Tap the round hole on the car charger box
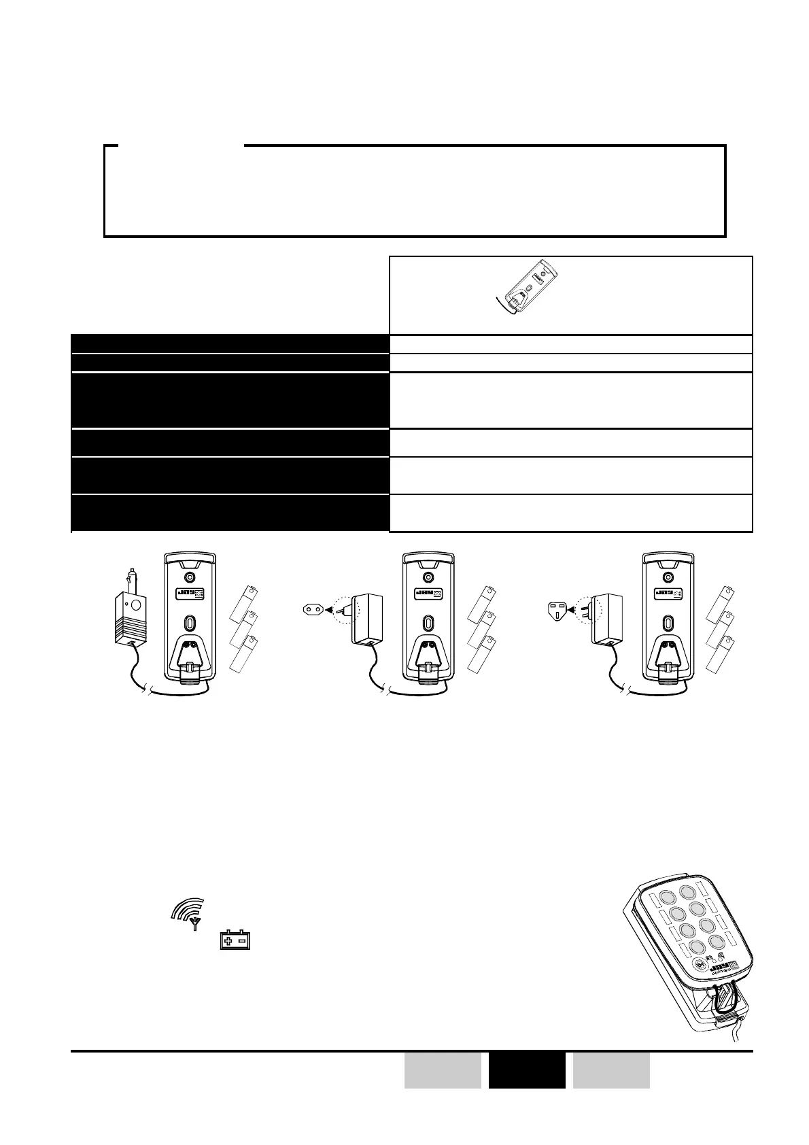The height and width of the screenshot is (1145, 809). (x=135, y=604)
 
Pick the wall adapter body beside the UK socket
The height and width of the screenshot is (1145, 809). (x=607, y=619)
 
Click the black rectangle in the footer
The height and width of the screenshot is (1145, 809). (x=527, y=1070)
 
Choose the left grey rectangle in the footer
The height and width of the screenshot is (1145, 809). (x=443, y=1070)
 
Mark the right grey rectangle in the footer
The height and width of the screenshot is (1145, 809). (x=611, y=1070)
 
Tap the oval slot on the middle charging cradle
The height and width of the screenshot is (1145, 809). (x=428, y=623)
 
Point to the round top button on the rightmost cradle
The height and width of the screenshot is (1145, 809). (x=668, y=577)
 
